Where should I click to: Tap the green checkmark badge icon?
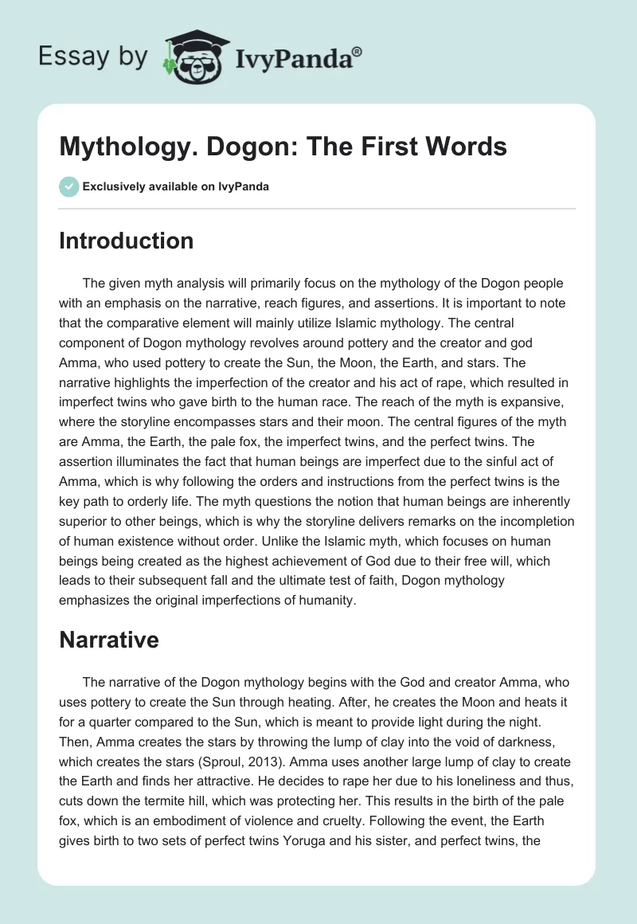point(68,186)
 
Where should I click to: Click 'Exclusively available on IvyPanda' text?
point(176,186)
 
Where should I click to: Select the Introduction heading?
point(126,241)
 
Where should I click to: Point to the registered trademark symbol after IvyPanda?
point(357,50)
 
